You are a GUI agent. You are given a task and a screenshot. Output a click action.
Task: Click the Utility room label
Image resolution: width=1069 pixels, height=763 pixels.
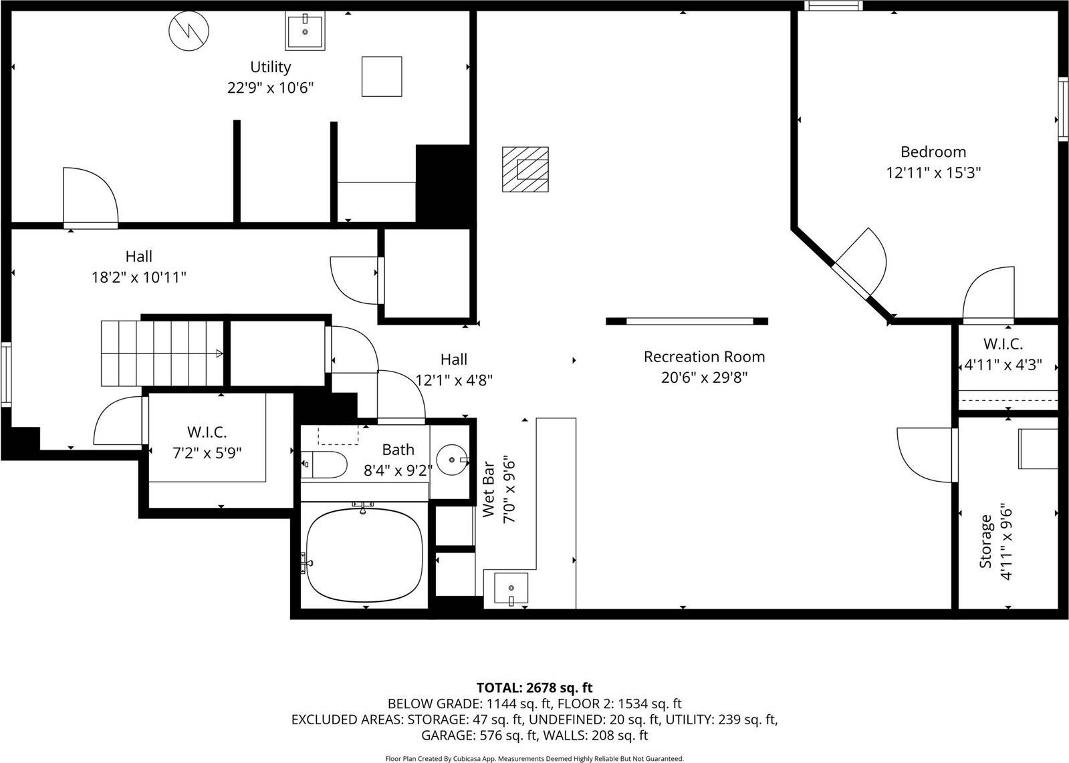pos(270,67)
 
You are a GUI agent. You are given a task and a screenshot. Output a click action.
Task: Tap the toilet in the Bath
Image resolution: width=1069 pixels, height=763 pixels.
pos(324,464)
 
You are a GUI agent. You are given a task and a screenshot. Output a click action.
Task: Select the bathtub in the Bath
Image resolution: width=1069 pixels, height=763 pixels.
pos(364,556)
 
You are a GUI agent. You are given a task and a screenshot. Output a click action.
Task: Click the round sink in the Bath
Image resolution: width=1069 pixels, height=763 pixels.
pos(453,460)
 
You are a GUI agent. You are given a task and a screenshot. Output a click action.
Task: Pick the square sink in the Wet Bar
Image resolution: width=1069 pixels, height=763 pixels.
pos(510,589)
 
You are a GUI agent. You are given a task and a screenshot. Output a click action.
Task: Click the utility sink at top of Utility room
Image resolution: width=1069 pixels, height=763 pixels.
pos(306,31)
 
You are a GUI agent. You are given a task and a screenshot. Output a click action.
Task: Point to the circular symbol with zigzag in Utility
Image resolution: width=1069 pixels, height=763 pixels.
pos(189,30)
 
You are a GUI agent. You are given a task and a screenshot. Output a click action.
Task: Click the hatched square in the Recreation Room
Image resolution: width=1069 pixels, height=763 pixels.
pos(525,169)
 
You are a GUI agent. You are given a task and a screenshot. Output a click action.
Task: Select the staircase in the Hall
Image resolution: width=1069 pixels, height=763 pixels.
pos(162,353)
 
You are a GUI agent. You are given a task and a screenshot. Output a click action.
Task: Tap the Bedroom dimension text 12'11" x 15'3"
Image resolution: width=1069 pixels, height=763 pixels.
pos(933,173)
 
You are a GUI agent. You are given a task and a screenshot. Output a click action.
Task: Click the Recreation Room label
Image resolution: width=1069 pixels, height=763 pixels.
pos(704,357)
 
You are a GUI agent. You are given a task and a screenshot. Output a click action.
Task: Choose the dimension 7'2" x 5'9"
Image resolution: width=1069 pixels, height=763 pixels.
pos(207,452)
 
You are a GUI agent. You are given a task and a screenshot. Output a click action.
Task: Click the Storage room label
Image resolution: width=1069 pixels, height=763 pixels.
pos(985,541)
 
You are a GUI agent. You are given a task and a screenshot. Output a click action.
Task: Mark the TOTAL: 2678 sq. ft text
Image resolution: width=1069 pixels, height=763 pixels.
pos(534,688)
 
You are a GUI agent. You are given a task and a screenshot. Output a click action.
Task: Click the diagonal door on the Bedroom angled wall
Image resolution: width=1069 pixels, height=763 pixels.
pos(859,264)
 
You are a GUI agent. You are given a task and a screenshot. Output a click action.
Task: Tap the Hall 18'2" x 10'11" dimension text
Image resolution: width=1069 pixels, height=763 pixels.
pos(138,277)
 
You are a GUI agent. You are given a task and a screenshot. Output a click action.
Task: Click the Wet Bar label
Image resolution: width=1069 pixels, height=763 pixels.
pos(489,489)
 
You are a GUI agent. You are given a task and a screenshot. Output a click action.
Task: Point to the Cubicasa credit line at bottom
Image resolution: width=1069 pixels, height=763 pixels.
pos(534,758)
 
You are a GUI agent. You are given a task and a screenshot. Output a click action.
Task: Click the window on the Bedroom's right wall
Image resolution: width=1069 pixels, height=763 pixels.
pos(1062,109)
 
